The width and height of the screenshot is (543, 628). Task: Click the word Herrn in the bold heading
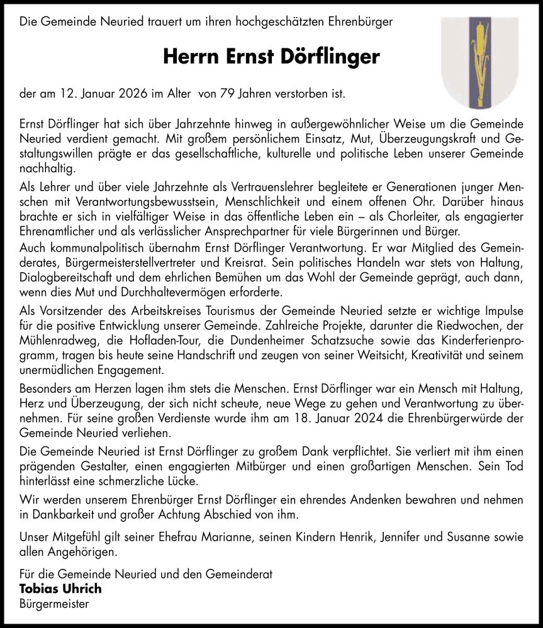[x=186, y=57]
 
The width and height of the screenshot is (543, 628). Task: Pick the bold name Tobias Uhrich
[x=60, y=589]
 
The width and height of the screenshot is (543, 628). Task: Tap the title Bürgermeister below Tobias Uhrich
[x=54, y=604]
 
